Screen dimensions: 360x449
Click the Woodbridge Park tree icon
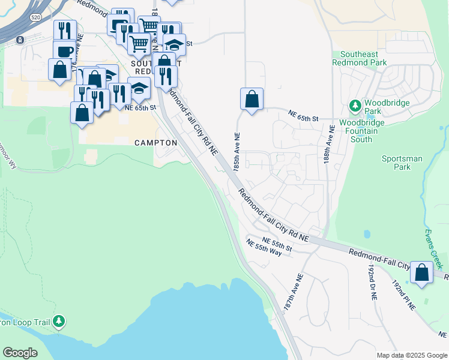click(x=355, y=106)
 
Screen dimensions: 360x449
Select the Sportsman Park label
click(x=402, y=163)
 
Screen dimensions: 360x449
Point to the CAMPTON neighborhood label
click(x=156, y=143)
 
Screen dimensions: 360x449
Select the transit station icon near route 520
click(x=21, y=40)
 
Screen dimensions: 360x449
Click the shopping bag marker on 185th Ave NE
click(x=252, y=99)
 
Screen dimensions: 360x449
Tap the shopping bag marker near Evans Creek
click(x=422, y=273)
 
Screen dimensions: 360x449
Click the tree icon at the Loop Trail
click(x=58, y=322)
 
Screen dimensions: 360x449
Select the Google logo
click(x=20, y=352)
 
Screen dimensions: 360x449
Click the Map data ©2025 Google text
click(x=411, y=355)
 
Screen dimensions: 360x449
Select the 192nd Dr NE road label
click(x=371, y=276)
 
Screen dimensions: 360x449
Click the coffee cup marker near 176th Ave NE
click(x=65, y=50)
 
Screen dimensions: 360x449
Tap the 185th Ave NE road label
click(x=237, y=153)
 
